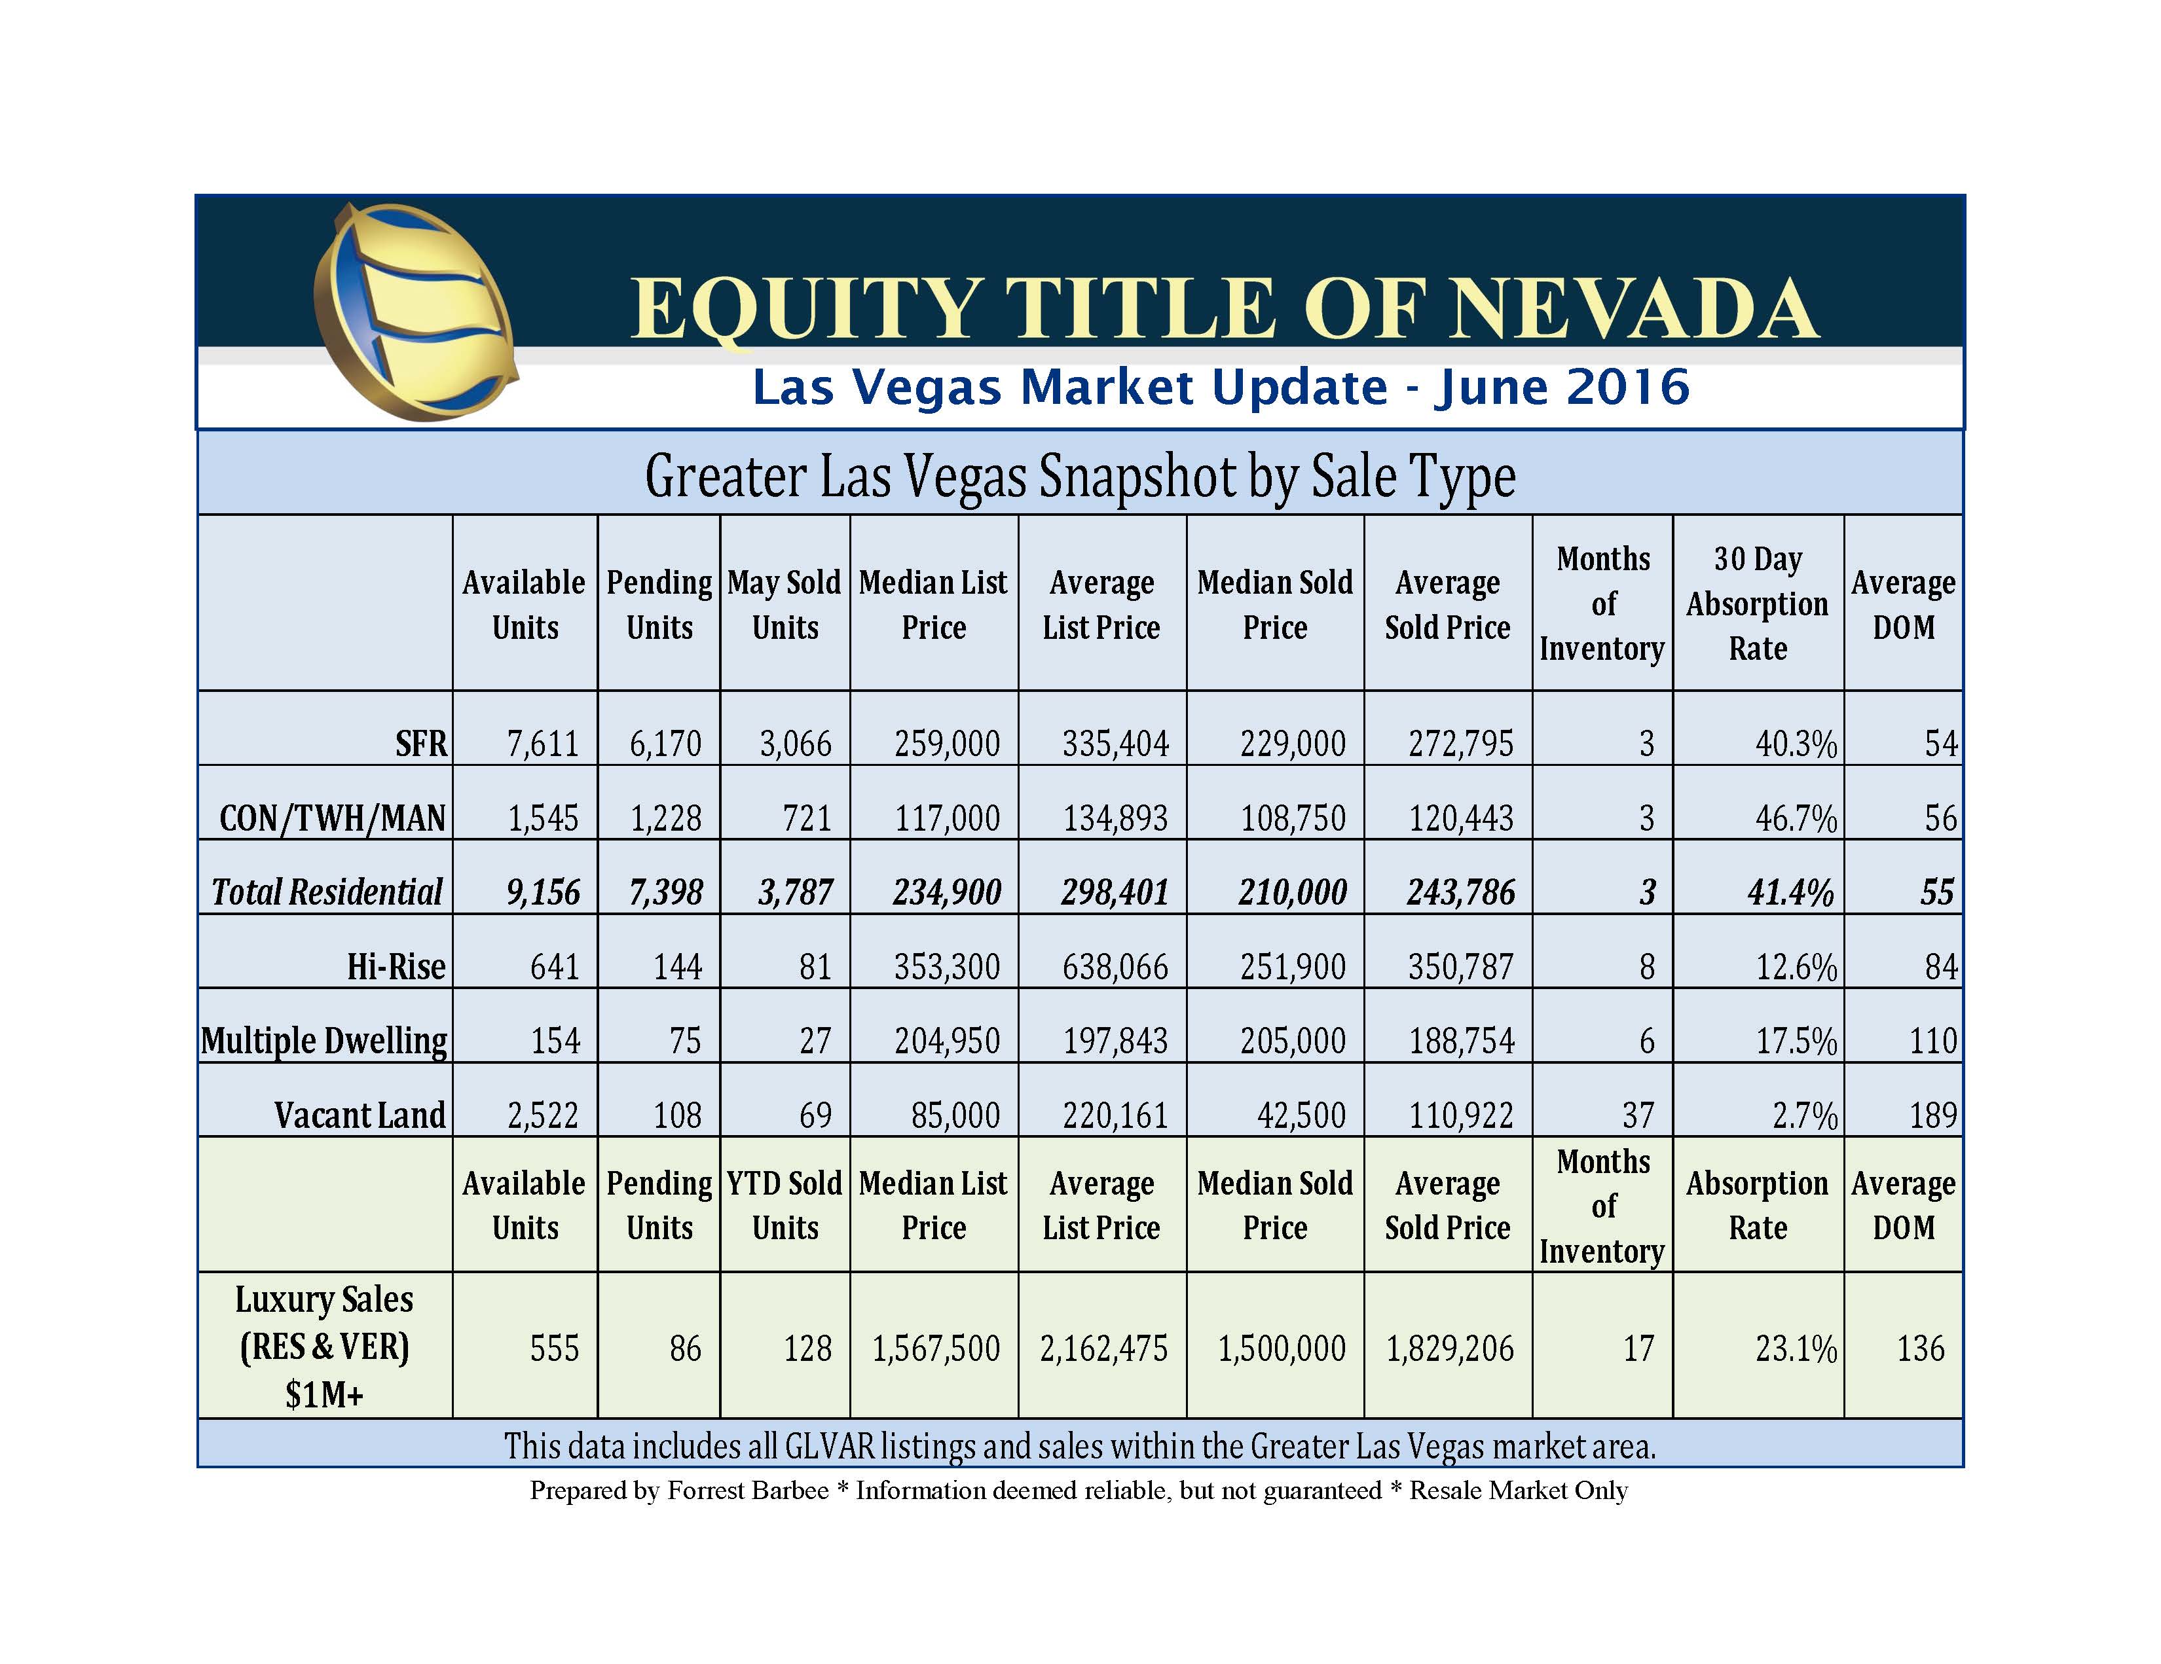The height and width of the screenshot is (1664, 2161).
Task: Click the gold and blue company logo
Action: click(416, 312)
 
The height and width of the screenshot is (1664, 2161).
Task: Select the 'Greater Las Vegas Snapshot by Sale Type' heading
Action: click(1079, 476)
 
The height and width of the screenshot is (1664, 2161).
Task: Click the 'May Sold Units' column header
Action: click(785, 604)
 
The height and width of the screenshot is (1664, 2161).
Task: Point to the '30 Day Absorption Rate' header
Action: click(1758, 604)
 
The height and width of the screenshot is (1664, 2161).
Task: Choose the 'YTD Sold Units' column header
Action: click(785, 1205)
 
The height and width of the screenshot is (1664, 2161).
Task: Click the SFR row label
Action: click(422, 744)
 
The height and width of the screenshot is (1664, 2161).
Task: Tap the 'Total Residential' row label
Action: click(327, 892)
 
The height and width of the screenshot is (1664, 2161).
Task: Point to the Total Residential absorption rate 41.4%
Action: click(1791, 892)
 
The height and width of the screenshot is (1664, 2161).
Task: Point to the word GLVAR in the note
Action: click(829, 1447)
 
